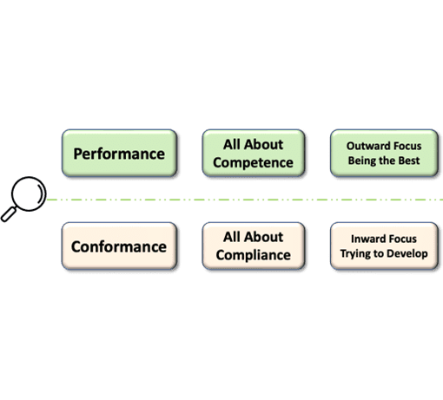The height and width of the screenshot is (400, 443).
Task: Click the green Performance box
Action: click(119, 153)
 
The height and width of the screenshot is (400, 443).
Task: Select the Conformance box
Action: click(119, 246)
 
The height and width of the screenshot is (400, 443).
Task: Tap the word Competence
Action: click(253, 163)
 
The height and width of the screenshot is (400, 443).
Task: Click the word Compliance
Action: click(253, 255)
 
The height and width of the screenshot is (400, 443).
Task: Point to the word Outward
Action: click(367, 146)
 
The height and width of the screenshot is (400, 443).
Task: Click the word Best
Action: click(409, 161)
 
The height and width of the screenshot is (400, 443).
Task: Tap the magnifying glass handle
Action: click(9, 214)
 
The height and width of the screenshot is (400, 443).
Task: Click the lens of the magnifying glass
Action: click(29, 193)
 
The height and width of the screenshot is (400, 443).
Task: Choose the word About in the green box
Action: click(263, 144)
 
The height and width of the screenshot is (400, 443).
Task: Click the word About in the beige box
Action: click(263, 237)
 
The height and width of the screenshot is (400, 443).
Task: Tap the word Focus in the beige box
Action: click(402, 239)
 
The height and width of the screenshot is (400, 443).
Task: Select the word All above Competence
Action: click(232, 144)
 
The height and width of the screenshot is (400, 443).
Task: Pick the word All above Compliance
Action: click(232, 237)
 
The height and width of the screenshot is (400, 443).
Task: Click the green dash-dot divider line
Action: click(245, 200)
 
